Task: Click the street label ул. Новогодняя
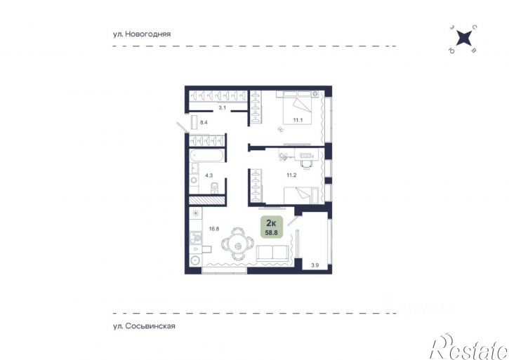142,34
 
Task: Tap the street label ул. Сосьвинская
144,326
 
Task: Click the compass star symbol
463,39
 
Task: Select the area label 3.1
222,108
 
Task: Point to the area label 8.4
204,122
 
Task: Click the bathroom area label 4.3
209,175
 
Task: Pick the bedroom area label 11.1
298,120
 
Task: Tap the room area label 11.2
291,175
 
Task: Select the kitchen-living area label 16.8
214,229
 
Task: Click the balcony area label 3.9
315,265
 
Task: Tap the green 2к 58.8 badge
272,227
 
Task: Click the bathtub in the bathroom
206,155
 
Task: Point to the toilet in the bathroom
215,187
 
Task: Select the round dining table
238,244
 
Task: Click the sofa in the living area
272,253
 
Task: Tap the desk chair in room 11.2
306,165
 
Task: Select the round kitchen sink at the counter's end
195,260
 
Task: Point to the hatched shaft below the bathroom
207,200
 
